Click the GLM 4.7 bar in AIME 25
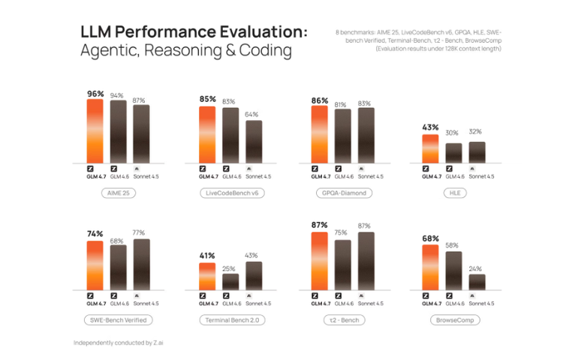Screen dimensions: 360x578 point(95,131)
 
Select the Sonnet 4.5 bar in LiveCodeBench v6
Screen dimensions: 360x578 point(254,142)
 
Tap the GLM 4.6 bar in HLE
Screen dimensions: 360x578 point(453,153)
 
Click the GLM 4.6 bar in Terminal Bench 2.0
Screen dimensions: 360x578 point(230,281)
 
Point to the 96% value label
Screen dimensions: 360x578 point(95,94)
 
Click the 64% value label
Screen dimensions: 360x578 point(251,114)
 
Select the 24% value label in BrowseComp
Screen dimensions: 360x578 point(475,268)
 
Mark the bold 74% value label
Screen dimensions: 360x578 point(95,234)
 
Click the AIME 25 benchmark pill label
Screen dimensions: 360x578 point(119,193)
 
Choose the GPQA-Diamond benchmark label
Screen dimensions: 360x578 point(343,193)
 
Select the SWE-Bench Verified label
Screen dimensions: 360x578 point(119,319)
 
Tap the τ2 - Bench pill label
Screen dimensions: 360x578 point(343,319)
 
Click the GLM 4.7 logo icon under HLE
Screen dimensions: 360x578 point(430,168)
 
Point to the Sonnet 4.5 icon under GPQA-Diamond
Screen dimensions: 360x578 point(363,168)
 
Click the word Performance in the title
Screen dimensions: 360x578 point(163,33)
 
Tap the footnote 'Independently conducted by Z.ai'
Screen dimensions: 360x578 point(118,343)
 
